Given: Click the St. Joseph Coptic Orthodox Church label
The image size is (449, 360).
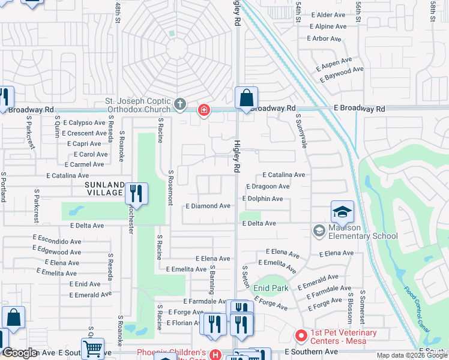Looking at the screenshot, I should tap(137, 105).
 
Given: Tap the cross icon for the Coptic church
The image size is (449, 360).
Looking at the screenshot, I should tap(179, 105).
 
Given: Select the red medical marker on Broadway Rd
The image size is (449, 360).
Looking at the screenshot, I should tap(204, 110).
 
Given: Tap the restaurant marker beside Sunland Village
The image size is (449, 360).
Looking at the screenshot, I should tap(136, 194).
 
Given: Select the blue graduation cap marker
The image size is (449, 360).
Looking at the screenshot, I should tap(342, 212).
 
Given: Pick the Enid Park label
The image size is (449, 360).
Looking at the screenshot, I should tap(271, 288).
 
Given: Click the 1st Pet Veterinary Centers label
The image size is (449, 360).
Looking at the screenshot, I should tap(343, 337).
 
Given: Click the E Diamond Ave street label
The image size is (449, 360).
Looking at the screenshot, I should tap(208, 206).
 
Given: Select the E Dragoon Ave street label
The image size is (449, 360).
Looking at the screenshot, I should tap(267, 187).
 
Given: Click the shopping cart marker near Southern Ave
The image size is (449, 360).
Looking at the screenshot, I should tap(92, 348).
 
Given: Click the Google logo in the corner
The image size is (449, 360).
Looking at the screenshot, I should tap(20, 353).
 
